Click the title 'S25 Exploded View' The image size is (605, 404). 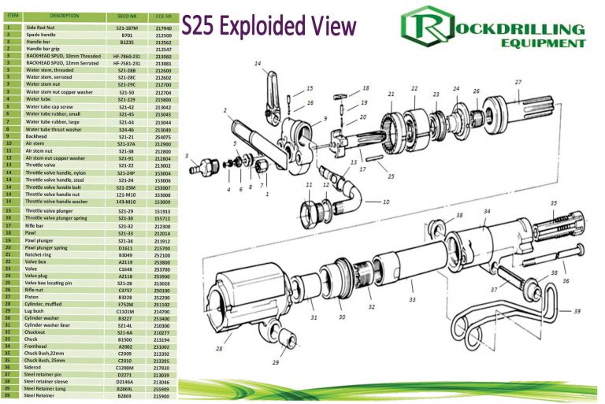point(269,27)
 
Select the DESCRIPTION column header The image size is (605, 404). point(61,16)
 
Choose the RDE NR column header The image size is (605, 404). point(164,16)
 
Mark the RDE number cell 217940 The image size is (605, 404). point(164,27)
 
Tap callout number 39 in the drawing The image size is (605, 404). point(577,311)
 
